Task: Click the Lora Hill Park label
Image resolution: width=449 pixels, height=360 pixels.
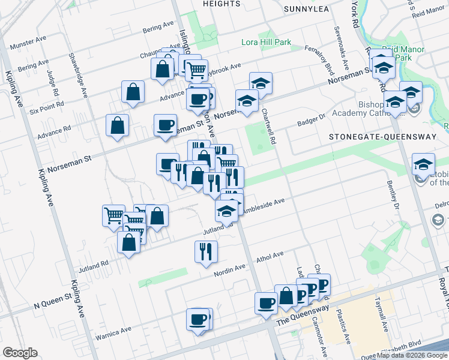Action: (266, 43)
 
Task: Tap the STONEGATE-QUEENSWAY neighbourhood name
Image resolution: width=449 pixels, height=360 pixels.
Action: (382, 137)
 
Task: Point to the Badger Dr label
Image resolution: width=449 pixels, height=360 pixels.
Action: (312, 121)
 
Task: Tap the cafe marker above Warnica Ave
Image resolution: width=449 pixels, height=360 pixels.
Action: (197, 320)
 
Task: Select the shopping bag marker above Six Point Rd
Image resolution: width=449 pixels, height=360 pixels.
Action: (133, 92)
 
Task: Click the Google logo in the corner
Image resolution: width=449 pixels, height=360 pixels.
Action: (20, 353)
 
